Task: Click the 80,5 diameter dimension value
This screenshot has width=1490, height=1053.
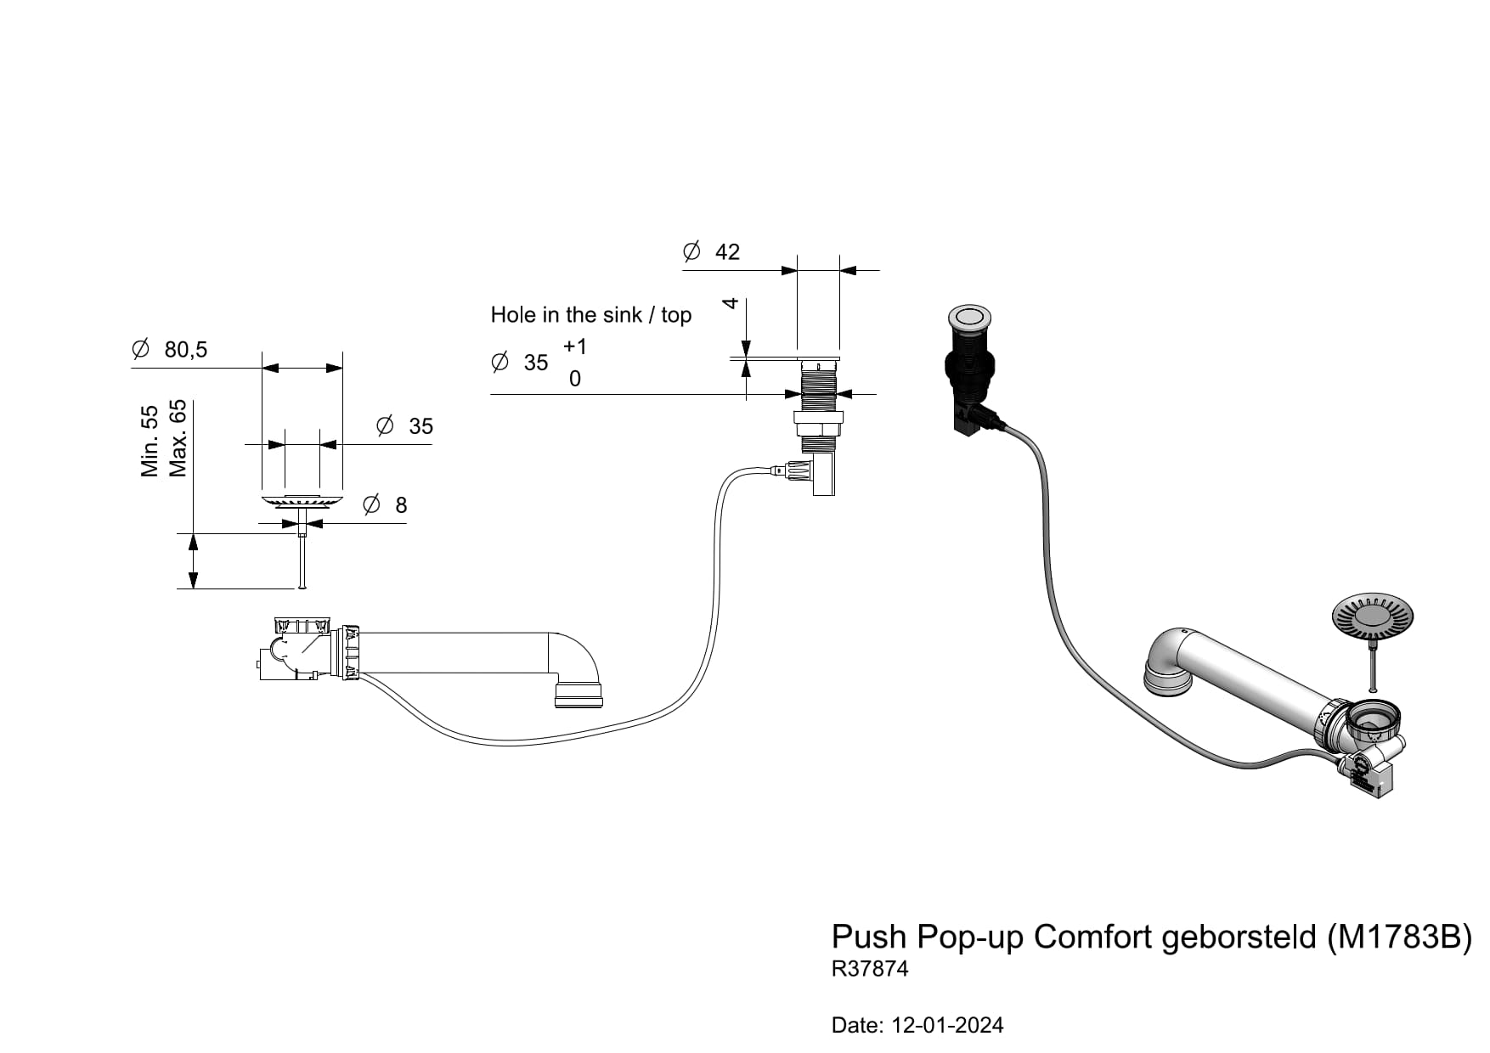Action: tap(186, 349)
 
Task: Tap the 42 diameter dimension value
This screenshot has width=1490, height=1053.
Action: tap(727, 252)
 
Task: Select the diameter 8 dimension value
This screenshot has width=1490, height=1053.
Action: tap(401, 505)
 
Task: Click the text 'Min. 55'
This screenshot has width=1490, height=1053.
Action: tap(150, 441)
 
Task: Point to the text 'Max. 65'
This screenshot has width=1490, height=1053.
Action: tap(178, 439)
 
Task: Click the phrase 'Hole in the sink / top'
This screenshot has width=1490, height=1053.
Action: tap(590, 315)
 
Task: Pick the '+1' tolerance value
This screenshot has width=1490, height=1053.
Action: tap(575, 346)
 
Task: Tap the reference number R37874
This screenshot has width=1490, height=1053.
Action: tap(870, 969)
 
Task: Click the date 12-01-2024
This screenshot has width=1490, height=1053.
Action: tap(947, 1026)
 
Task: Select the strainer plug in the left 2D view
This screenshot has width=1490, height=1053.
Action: tap(302, 501)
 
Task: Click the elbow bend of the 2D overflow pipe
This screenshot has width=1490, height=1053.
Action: tap(579, 662)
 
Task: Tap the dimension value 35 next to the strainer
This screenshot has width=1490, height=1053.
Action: tap(420, 426)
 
